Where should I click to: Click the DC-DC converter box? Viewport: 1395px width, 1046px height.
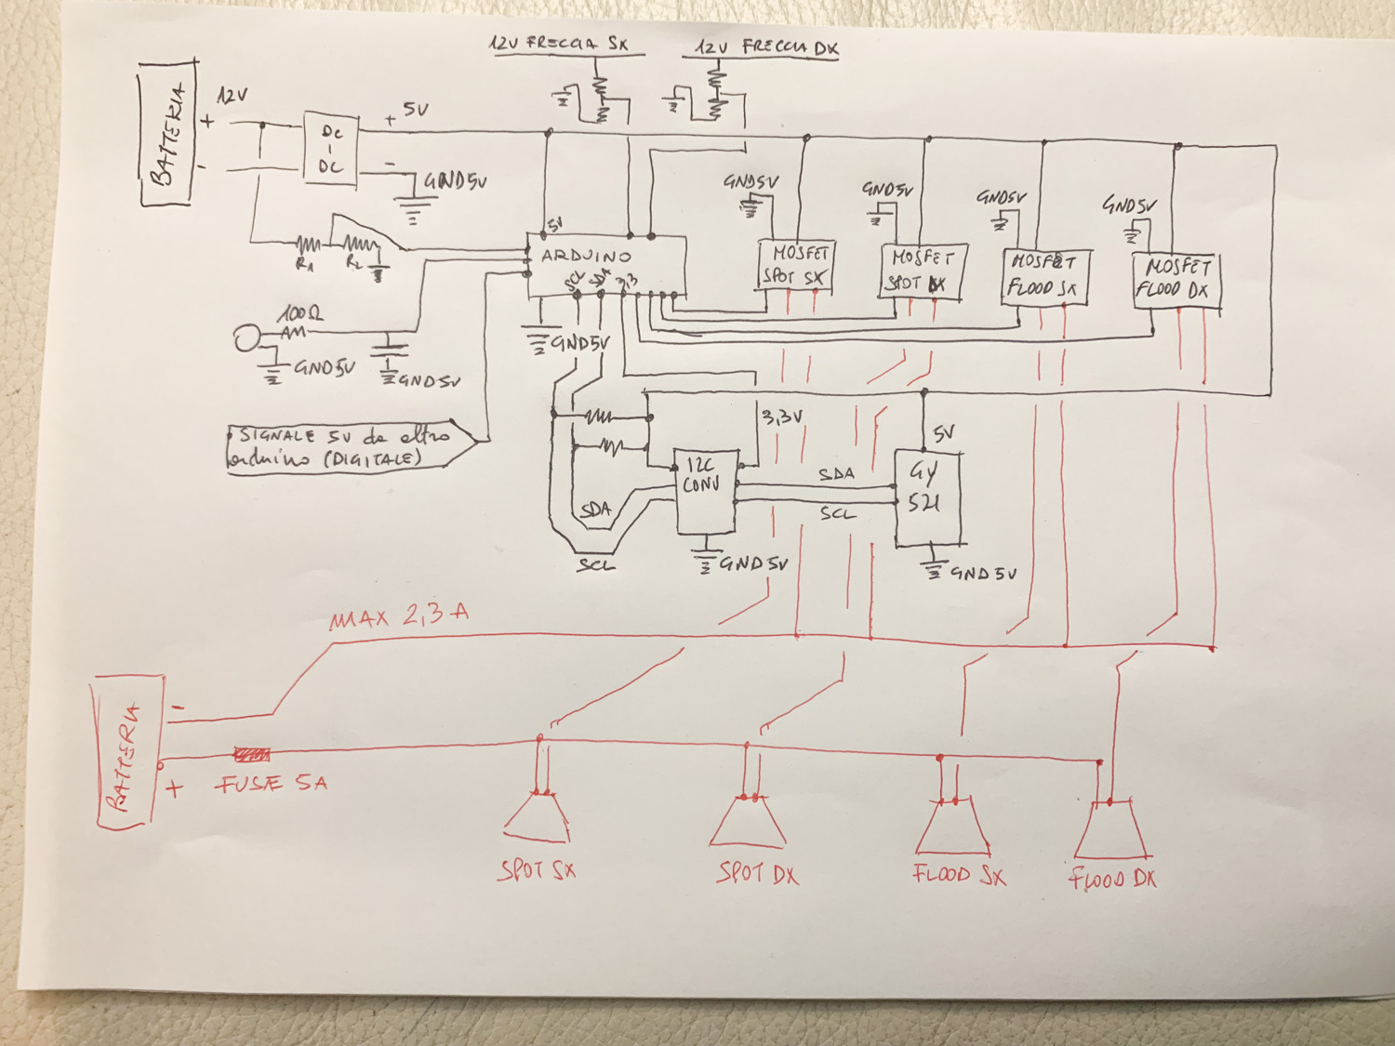[331, 149]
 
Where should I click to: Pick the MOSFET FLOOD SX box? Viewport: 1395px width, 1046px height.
[1044, 276]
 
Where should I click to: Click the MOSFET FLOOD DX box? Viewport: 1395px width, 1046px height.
[1176, 281]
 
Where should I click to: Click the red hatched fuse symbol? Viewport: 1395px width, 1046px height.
[252, 755]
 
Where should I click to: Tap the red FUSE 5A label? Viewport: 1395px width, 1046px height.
[272, 785]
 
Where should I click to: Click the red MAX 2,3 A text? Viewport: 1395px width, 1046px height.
[399, 616]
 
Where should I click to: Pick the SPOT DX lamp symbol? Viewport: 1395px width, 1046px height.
[750, 822]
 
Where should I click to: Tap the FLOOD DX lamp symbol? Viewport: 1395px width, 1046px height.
[1111, 829]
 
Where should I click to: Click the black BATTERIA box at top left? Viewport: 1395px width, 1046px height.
[168, 133]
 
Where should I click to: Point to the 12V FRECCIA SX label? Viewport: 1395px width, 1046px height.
[559, 44]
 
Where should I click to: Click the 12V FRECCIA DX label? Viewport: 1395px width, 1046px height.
[766, 47]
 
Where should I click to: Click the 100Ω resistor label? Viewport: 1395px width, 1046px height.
[300, 316]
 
